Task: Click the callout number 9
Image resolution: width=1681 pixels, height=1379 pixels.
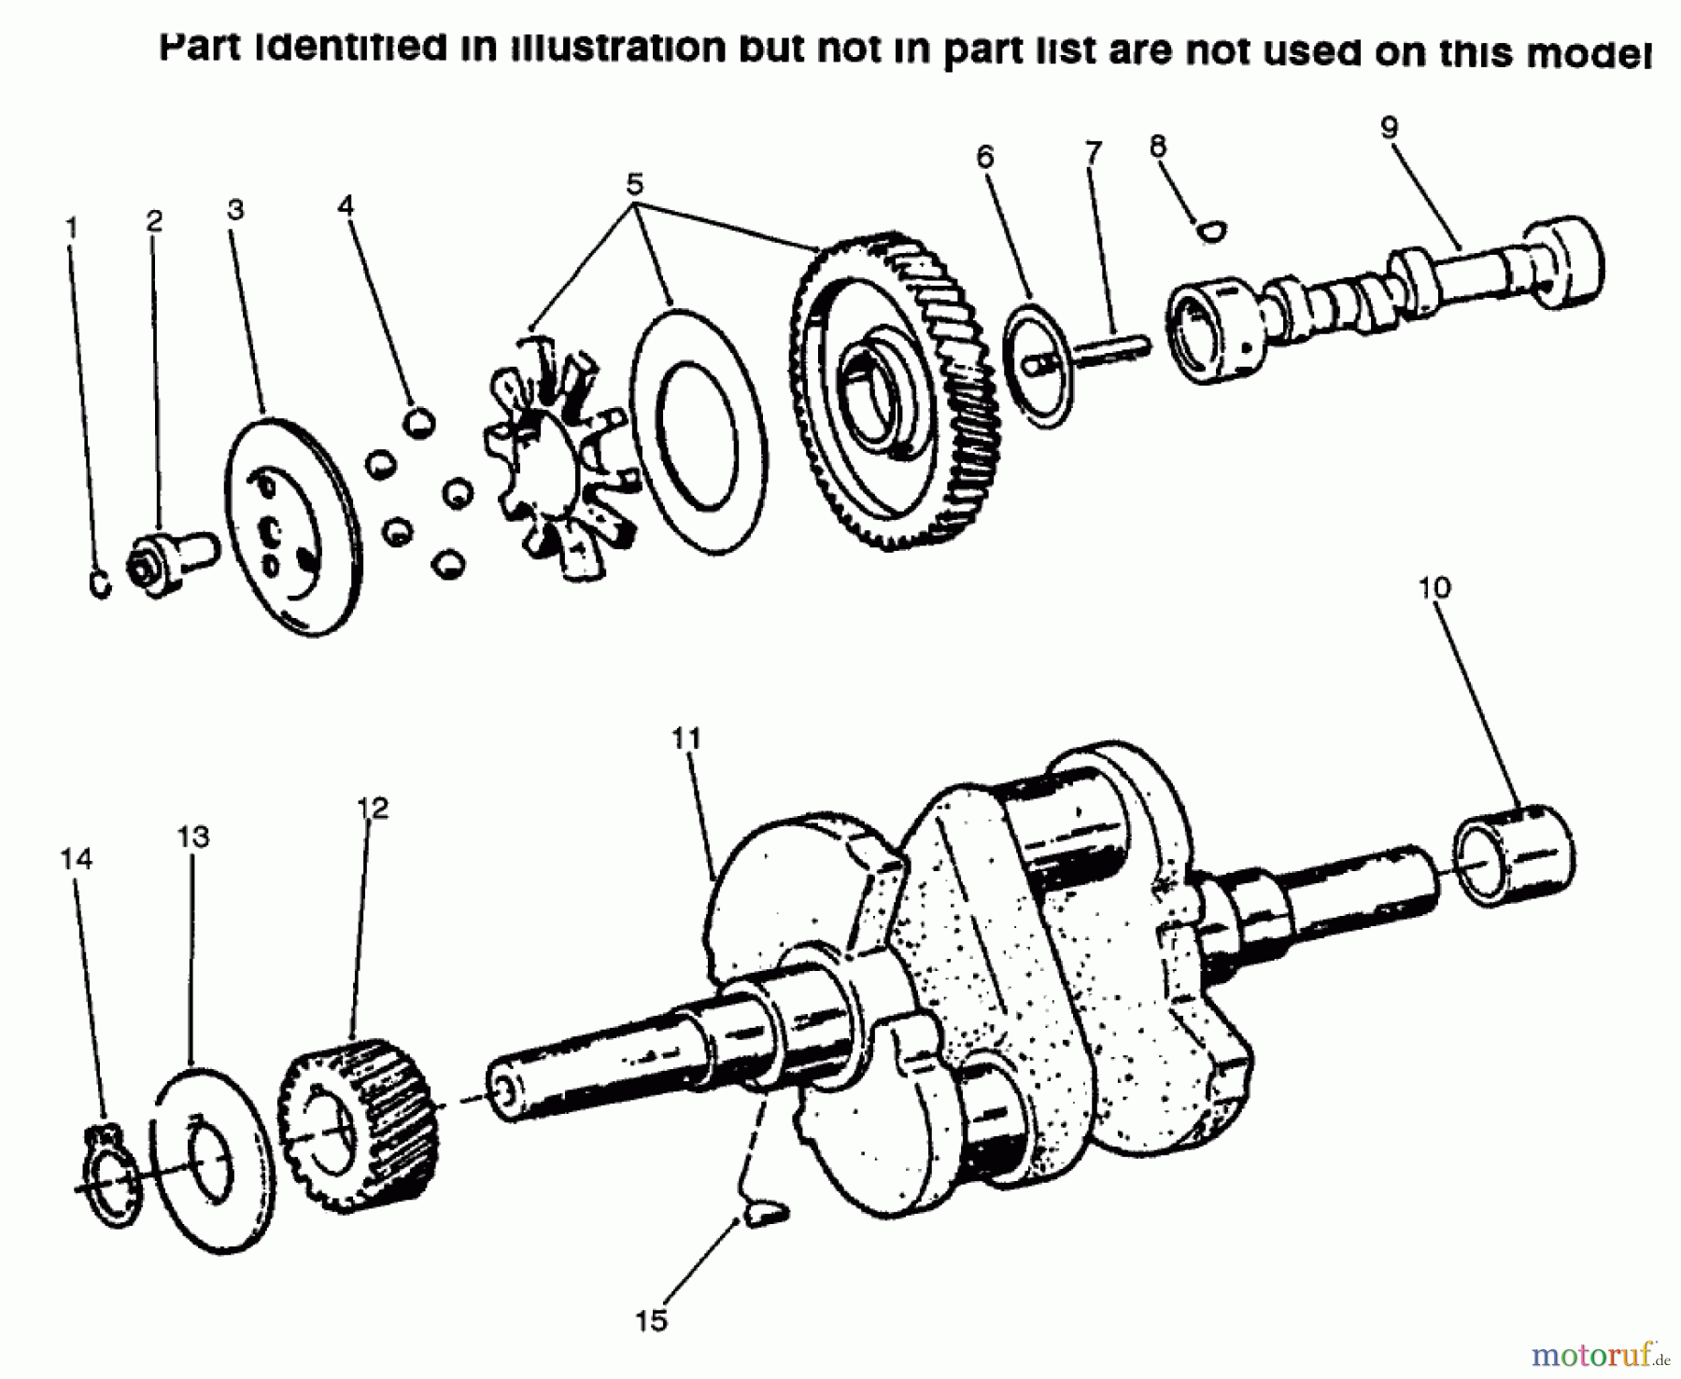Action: coord(1389,128)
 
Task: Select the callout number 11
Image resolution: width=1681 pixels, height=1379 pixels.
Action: coord(686,738)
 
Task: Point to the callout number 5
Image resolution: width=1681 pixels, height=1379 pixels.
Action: coord(634,185)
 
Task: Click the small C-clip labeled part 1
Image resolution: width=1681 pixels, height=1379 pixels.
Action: coord(101,584)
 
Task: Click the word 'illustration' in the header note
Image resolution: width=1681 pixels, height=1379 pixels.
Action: coord(616,47)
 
